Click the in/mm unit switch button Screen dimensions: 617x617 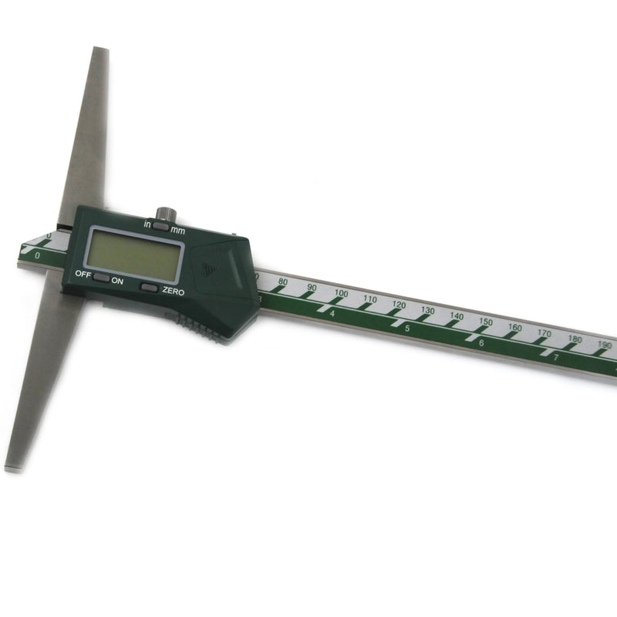160,226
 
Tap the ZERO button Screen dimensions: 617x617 150,288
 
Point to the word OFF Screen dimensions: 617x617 82,274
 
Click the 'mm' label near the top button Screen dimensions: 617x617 178,230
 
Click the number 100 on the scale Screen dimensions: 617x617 341,294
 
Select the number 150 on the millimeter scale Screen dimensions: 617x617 485,322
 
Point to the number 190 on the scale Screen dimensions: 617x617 604,345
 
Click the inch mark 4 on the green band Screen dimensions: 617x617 332,313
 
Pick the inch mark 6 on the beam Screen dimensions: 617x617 481,343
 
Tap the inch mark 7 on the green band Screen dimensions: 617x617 555,357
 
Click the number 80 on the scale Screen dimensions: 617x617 282,282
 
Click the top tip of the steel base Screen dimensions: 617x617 100,51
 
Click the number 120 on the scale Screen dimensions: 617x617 398,305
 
